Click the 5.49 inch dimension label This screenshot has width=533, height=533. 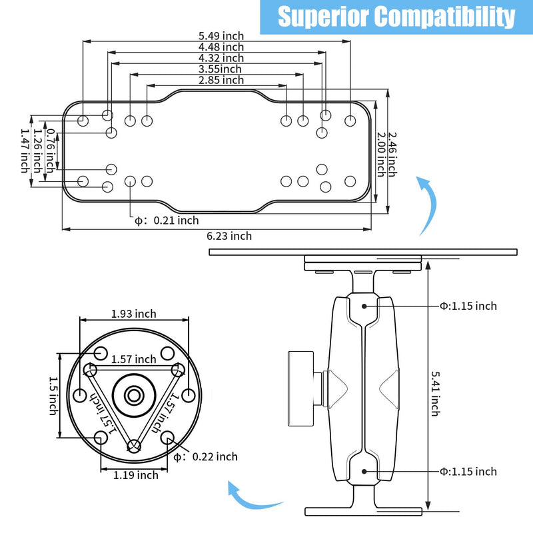point(221,36)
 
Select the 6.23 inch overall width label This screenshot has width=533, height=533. point(229,236)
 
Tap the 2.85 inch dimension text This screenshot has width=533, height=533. point(221,80)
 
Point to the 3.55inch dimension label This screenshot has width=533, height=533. point(220,69)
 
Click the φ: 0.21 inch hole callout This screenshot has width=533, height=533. point(167,221)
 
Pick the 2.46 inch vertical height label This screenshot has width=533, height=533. point(392,155)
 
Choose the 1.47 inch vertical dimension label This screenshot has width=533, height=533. point(25,151)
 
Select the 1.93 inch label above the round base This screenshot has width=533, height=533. point(134,314)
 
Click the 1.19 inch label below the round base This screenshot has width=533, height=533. point(136,475)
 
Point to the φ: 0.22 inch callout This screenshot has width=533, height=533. point(205,457)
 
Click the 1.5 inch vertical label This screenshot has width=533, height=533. point(53,396)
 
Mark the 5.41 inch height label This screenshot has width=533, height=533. point(436,394)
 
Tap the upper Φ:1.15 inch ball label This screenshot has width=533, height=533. point(468,306)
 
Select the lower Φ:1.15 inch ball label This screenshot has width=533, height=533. point(468,472)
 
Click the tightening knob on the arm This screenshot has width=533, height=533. point(301,388)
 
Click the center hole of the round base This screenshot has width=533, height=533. point(134,395)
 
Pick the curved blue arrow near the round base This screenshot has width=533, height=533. point(252,498)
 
